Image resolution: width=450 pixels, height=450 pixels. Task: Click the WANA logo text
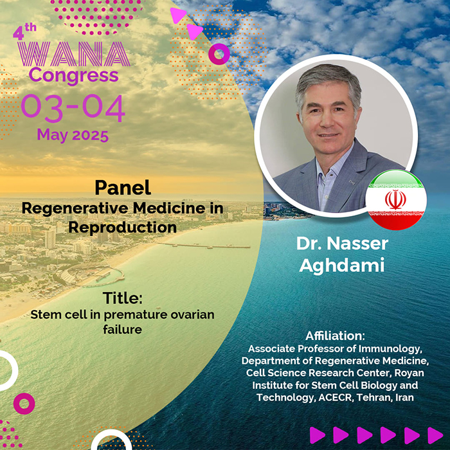coord(74,54)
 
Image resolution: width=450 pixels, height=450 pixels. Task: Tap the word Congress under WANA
coord(73,76)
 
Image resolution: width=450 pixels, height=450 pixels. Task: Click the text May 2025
coord(73,135)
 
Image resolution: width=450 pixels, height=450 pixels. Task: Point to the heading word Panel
coord(123,188)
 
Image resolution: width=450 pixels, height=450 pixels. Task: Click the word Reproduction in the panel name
coord(123,228)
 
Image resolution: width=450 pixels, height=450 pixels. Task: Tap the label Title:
coord(123,298)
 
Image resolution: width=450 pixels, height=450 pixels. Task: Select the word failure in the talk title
coord(123,329)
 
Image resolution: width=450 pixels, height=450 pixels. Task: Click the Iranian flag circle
coord(396,200)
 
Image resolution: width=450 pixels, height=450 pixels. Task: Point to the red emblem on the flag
coord(395,199)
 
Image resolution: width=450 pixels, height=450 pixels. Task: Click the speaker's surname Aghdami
coord(342,265)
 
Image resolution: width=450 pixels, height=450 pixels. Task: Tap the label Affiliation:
coord(335,336)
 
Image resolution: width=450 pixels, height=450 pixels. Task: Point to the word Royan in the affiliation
coord(410,373)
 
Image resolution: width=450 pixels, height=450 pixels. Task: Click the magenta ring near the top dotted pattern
coord(219,54)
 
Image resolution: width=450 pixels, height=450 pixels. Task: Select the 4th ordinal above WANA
coord(24,32)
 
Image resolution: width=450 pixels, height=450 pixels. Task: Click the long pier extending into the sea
coord(204,246)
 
